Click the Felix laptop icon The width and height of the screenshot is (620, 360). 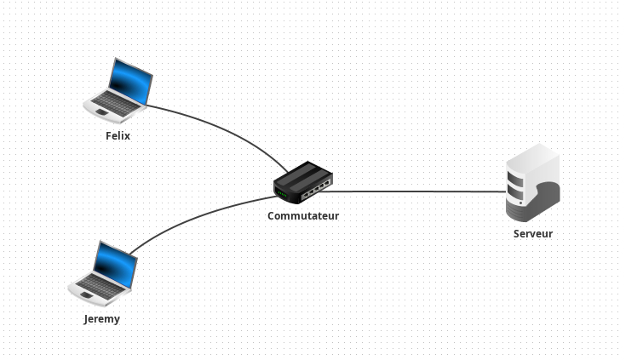point(118,89)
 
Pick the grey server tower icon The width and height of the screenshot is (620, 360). point(532,182)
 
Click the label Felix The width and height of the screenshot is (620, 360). point(118,135)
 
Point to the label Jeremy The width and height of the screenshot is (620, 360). point(102,319)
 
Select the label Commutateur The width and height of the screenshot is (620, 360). point(303,215)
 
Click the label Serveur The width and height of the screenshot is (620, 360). point(533,233)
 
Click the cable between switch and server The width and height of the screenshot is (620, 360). point(417,191)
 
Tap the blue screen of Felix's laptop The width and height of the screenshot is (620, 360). point(132,80)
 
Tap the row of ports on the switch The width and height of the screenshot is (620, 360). point(319,186)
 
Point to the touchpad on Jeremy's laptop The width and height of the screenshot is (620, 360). point(86,294)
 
